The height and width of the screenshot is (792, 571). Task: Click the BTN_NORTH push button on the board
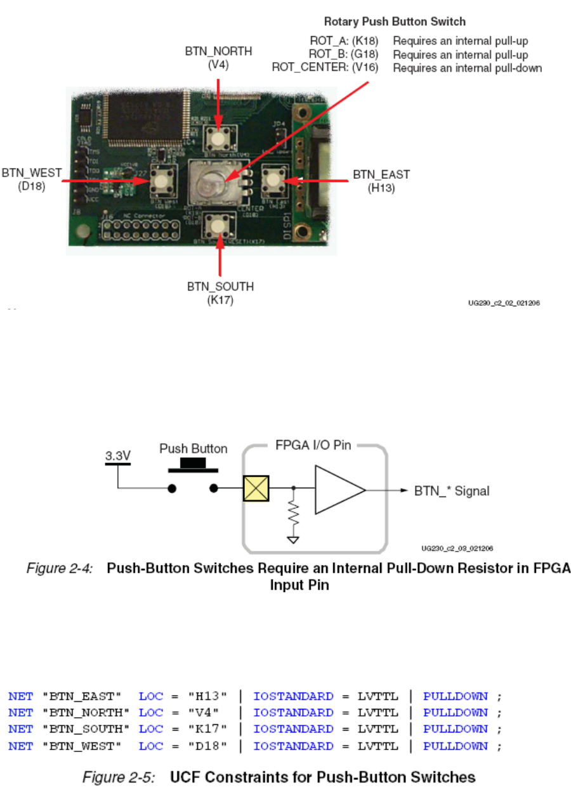click(x=220, y=137)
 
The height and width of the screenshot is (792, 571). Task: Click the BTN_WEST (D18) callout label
click(x=32, y=179)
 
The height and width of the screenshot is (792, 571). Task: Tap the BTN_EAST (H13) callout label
click(x=381, y=181)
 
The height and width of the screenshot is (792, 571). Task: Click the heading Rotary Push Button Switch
click(x=395, y=22)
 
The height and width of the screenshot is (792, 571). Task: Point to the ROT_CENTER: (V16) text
click(x=325, y=68)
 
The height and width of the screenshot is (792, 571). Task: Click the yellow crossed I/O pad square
click(x=256, y=489)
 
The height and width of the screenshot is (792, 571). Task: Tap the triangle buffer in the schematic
click(x=339, y=489)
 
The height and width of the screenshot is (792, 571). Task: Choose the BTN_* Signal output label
click(x=452, y=490)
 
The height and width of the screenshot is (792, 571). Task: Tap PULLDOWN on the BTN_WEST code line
click(x=456, y=746)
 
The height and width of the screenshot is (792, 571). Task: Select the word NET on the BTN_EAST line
click(x=20, y=696)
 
